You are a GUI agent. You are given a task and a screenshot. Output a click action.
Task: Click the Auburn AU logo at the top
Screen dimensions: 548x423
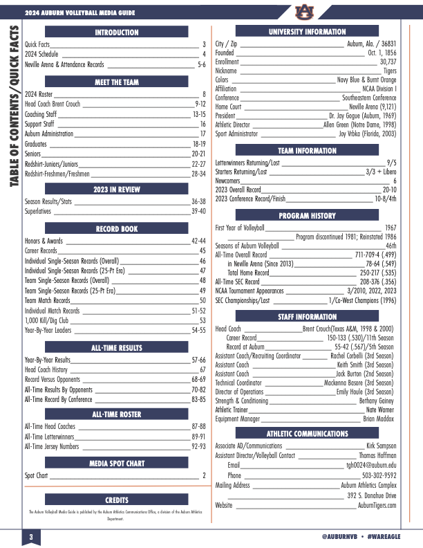303,12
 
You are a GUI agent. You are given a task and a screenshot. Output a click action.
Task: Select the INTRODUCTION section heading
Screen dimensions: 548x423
117,32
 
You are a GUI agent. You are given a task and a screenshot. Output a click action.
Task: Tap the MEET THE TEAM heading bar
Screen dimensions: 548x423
117,82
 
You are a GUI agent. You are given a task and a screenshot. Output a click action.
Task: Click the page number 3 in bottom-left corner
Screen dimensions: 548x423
30,538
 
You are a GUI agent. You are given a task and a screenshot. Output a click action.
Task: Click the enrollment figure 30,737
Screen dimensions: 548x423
388,62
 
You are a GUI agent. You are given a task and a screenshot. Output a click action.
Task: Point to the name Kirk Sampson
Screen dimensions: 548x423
381,446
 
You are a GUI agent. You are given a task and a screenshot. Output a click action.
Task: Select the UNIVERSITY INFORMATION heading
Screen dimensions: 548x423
307,32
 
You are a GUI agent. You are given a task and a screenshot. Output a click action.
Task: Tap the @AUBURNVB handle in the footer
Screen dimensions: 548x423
339,538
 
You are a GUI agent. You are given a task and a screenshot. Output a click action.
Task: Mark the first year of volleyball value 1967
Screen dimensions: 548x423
391,228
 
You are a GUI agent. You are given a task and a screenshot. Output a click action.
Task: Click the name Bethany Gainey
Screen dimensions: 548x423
377,401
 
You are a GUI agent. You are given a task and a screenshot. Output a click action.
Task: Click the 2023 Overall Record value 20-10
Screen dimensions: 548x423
389,189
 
